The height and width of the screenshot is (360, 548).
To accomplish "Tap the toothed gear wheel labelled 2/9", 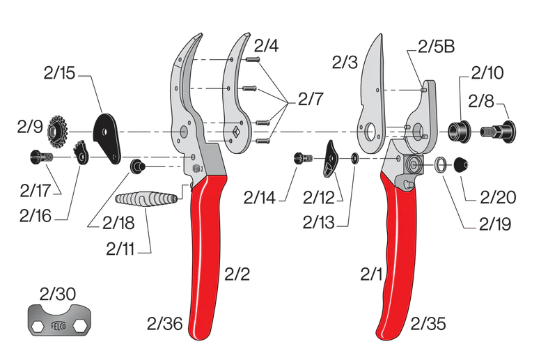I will (x=58, y=129).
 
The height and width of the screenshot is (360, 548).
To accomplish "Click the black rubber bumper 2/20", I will (x=461, y=165).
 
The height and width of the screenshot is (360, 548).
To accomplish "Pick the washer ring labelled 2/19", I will (x=441, y=164).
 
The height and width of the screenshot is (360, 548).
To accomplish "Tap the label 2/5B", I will (x=435, y=48).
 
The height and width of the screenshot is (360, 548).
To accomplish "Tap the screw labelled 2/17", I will (x=40, y=157).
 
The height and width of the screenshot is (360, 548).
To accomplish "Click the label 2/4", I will (x=267, y=47).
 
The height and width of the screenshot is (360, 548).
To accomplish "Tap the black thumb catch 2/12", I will (x=330, y=159).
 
